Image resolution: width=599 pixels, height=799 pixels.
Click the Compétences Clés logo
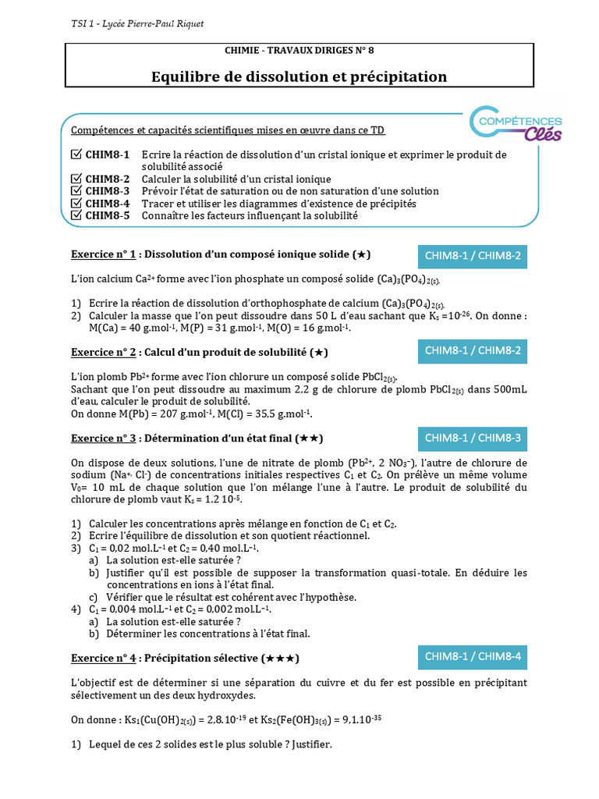[x=516, y=126]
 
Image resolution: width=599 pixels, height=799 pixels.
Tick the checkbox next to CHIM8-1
[x=76, y=154]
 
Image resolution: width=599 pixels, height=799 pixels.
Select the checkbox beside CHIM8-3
[x=76, y=190]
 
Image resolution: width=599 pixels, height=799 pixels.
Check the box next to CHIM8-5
[x=76, y=215]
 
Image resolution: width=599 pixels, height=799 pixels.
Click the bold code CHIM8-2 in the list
[x=108, y=179]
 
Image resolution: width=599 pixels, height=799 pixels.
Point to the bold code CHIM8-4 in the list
[x=108, y=203]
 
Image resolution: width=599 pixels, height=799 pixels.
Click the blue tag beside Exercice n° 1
[x=473, y=255]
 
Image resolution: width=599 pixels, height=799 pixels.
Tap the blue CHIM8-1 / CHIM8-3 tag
[x=473, y=439]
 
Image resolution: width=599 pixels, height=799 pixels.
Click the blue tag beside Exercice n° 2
[x=473, y=352]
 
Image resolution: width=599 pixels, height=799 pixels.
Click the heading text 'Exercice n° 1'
[x=104, y=254]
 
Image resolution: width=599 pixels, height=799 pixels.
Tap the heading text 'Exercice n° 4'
[x=104, y=657]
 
